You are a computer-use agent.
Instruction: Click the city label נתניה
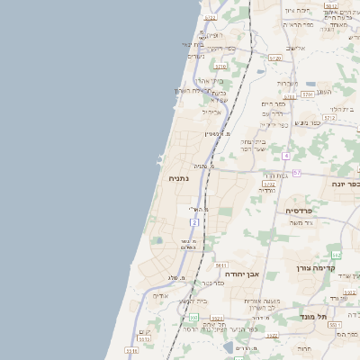pyautogui.click(x=178, y=178)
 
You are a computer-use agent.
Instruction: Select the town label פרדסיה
pyautogui.click(x=300, y=211)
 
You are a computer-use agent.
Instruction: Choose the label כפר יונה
pyautogui.click(x=344, y=184)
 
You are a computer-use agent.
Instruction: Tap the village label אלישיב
pyautogui.click(x=293, y=48)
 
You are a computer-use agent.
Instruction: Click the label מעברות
pyautogui.click(x=288, y=84)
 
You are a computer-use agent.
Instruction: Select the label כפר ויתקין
pyautogui.click(x=218, y=48)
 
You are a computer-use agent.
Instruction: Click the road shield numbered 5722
pyautogui.click(x=210, y=17)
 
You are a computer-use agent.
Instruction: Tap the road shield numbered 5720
pyautogui.click(x=274, y=58)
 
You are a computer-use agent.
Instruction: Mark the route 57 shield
pyautogui.click(x=297, y=171)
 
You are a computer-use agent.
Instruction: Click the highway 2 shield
pyautogui.click(x=193, y=221)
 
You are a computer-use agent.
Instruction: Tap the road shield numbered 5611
pyautogui.click(x=220, y=265)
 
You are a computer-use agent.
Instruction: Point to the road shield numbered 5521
pyautogui.click(x=216, y=318)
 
